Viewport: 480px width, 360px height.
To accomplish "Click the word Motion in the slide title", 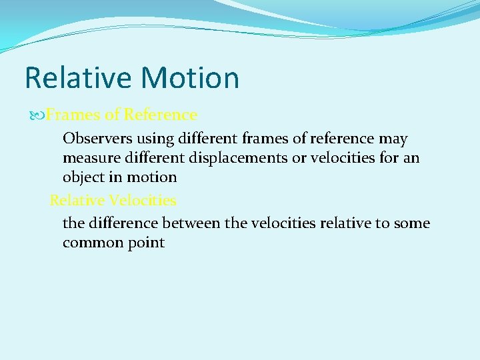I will (191, 77).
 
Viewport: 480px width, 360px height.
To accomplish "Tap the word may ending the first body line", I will (393, 139).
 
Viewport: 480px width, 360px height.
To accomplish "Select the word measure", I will (91, 159).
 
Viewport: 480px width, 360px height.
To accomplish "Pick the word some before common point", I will (412, 223).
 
